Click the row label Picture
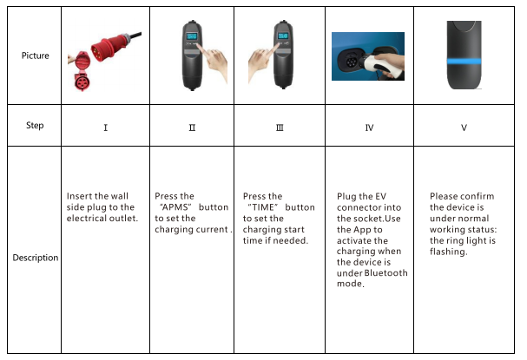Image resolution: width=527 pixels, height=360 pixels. (36, 56)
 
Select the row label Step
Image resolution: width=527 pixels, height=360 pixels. (35, 126)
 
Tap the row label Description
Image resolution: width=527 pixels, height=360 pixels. (36, 258)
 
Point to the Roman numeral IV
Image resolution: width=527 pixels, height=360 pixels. (369, 128)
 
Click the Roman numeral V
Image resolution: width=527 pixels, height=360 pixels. (464, 128)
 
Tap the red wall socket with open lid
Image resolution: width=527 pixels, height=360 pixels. (82, 71)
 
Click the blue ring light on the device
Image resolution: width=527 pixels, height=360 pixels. (464, 61)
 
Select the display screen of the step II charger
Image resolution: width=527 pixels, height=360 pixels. (192, 36)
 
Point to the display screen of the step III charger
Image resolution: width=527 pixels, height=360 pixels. (283, 36)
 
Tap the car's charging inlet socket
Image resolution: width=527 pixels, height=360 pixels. (352, 61)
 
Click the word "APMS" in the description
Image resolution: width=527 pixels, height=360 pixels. (176, 207)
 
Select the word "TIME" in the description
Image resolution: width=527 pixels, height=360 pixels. (263, 207)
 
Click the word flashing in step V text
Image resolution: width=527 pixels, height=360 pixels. (448, 252)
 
